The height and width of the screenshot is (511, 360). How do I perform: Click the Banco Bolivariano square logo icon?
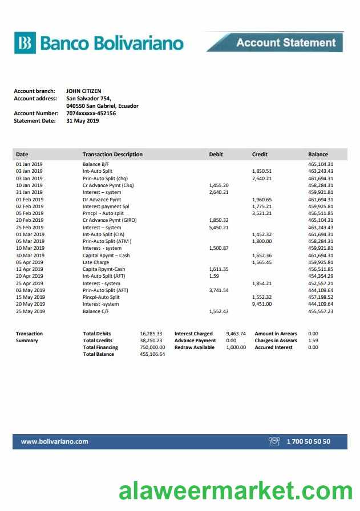pyautogui.click(x=25, y=43)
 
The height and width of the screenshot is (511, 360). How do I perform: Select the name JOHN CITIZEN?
pyautogui.click(x=84, y=91)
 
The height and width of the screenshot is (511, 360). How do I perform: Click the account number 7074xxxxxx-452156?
pyautogui.click(x=91, y=113)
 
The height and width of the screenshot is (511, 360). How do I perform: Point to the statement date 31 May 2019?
pyautogui.click(x=83, y=120)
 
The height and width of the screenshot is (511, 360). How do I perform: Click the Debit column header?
pyautogui.click(x=216, y=155)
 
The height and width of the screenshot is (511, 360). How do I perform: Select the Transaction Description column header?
pyautogui.click(x=112, y=155)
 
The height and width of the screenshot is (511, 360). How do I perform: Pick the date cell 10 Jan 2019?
pyautogui.click(x=29, y=185)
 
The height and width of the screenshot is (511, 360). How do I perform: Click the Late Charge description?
pyautogui.click(x=96, y=262)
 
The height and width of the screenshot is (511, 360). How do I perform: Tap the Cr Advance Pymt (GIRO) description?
pyautogui.click(x=110, y=220)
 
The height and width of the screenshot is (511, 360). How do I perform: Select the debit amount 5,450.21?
pyautogui.click(x=219, y=228)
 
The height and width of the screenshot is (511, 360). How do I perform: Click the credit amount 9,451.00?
pyautogui.click(x=262, y=304)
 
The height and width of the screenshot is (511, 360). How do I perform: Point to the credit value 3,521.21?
pyautogui.click(x=262, y=213)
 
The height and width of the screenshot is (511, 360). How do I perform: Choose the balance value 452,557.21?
pyautogui.click(x=321, y=283)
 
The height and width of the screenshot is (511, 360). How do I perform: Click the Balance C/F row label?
pyautogui.click(x=96, y=311)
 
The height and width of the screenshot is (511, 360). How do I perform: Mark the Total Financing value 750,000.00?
pyautogui.click(x=152, y=347)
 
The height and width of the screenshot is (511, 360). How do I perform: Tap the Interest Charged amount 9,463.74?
pyautogui.click(x=236, y=334)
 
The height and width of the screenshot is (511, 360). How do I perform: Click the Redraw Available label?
pyautogui.click(x=195, y=347)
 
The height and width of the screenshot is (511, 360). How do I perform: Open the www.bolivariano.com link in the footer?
pyautogui.click(x=55, y=441)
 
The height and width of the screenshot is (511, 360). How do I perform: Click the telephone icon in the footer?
pyautogui.click(x=274, y=441)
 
